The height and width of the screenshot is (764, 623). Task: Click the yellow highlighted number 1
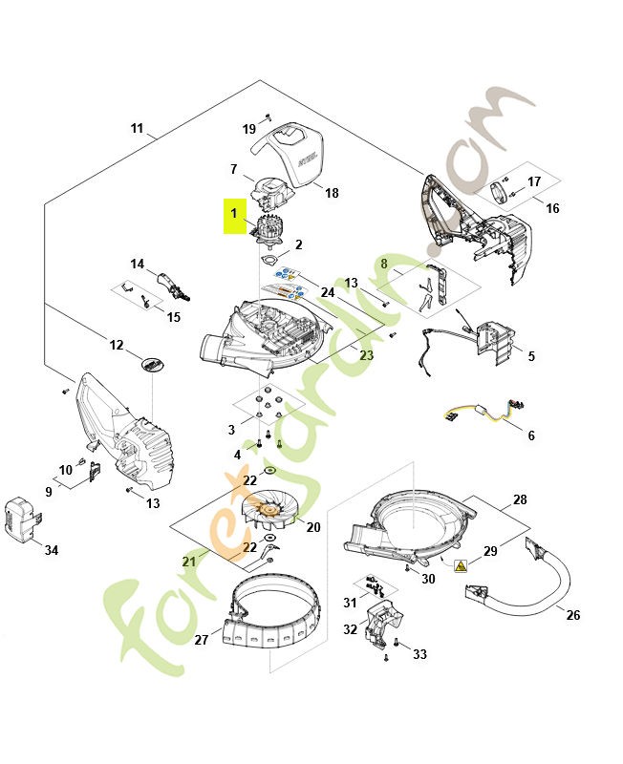[232, 217]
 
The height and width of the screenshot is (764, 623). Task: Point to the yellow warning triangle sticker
[462, 566]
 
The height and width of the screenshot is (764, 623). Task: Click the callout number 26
[573, 615]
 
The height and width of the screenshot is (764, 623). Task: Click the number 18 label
[332, 193]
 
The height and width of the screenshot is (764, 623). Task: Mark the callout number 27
[201, 640]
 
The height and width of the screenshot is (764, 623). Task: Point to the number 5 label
[531, 356]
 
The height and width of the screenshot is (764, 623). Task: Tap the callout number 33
[419, 654]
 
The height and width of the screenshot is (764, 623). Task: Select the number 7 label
[233, 169]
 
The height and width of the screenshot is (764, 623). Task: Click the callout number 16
[552, 208]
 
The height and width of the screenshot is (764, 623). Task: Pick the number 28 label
[520, 500]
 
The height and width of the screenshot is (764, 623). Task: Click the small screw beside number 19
[269, 116]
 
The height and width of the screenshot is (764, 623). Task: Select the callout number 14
[137, 265]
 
